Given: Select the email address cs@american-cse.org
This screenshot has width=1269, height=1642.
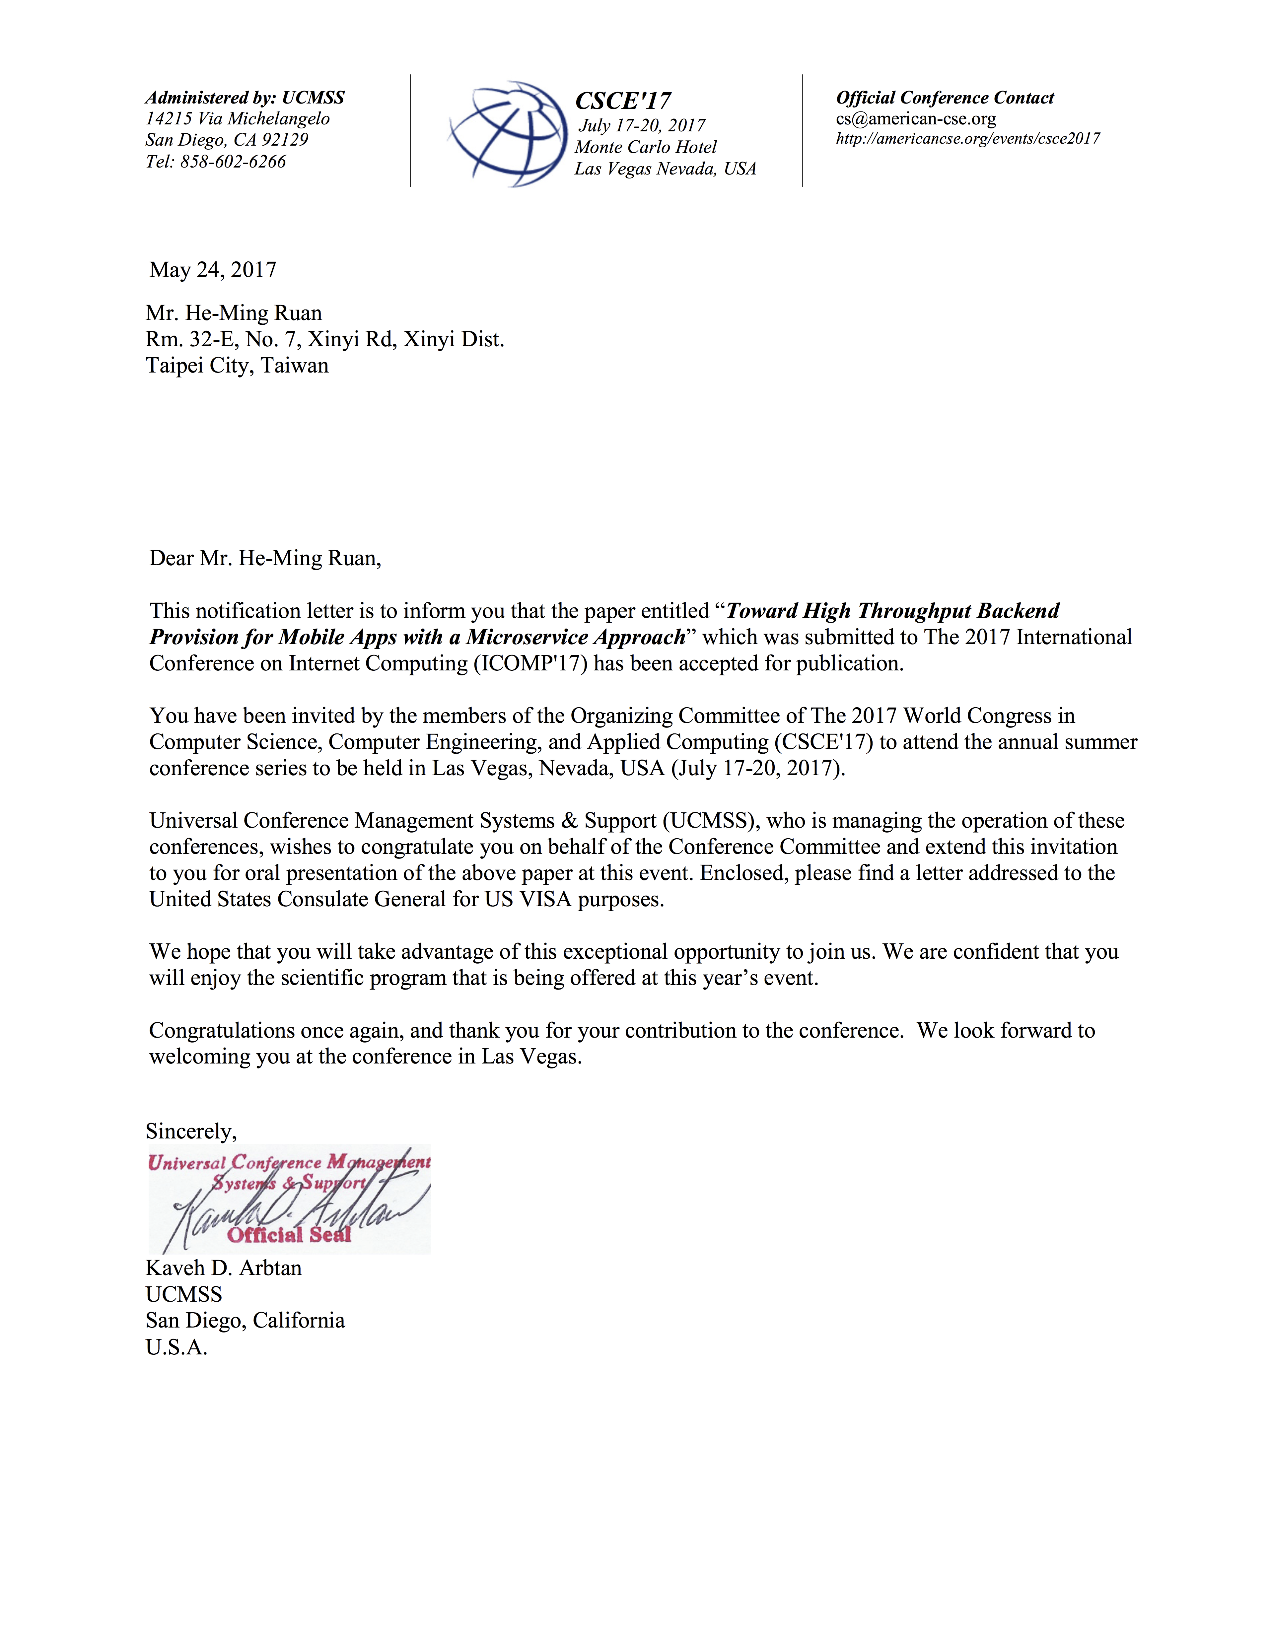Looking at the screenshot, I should coord(916,119).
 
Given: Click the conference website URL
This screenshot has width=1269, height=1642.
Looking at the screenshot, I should coord(967,138).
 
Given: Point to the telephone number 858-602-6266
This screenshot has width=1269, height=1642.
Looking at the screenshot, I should coord(233,162).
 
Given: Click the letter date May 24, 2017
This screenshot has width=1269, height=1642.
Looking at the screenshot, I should coord(213,270).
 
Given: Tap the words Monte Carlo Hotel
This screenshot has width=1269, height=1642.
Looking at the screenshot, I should coord(645,147).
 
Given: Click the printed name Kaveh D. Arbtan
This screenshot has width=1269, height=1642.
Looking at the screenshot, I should coord(223,1268).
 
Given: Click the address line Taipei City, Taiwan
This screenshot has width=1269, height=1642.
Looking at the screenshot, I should coord(237,366).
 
